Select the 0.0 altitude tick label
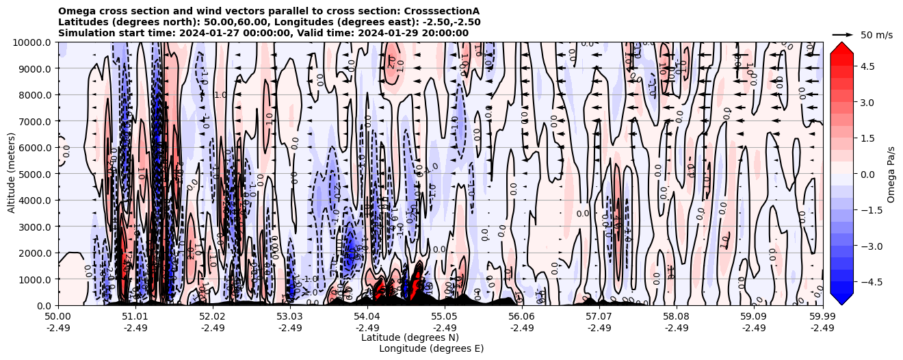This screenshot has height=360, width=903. (44, 306)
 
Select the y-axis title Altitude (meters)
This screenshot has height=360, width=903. (12, 174)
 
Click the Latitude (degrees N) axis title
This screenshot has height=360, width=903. (410, 337)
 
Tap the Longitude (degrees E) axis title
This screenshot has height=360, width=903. (431, 348)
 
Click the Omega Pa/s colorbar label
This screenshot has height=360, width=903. (891, 174)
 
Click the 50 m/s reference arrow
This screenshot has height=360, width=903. (843, 34)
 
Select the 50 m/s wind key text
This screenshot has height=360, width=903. (876, 35)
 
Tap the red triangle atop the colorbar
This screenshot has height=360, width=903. (841, 47)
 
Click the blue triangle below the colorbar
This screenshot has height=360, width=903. (841, 298)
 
